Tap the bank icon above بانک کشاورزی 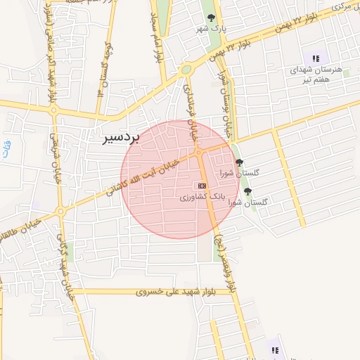click(202, 185)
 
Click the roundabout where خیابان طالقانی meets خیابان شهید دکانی click(61, 211)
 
